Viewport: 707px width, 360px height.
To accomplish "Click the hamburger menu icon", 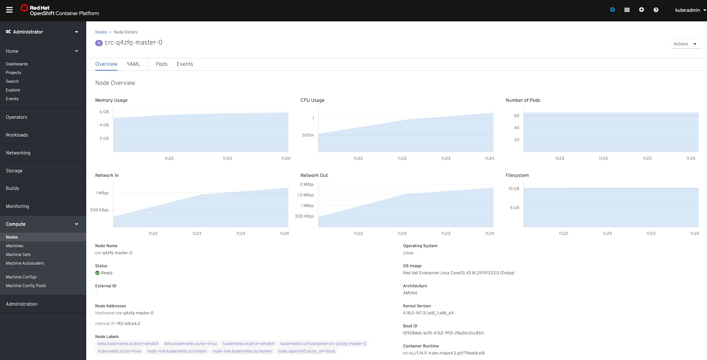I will pyautogui.click(x=9, y=10).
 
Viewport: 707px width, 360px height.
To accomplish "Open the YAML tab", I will pyautogui.click(x=133, y=64).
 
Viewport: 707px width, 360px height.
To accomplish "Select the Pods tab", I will pyautogui.click(x=162, y=64).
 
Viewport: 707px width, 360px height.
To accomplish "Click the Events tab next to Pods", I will pyautogui.click(x=184, y=64).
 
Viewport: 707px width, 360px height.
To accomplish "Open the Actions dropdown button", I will pyautogui.click(x=685, y=44).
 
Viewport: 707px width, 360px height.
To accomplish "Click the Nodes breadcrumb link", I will pyautogui.click(x=101, y=32).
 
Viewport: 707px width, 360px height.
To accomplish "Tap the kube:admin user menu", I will pyautogui.click(x=689, y=10).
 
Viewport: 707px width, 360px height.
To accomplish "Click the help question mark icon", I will pyautogui.click(x=656, y=10).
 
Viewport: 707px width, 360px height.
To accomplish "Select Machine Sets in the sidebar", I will pyautogui.click(x=18, y=254).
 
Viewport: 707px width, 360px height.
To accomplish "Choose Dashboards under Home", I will pyautogui.click(x=17, y=64).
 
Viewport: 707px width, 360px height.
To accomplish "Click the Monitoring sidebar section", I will pyautogui.click(x=17, y=206).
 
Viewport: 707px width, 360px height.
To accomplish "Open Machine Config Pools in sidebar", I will pyautogui.click(x=26, y=286).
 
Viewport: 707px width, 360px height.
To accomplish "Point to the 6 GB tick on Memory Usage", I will pyautogui.click(x=104, y=112).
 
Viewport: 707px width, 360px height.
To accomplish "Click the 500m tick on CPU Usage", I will pyautogui.click(x=308, y=135).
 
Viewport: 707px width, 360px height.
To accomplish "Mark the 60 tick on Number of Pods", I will pyautogui.click(x=516, y=116).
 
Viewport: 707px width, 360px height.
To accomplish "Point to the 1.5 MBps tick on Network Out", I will pyautogui.click(x=305, y=195).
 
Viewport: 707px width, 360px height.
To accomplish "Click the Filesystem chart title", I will pyautogui.click(x=517, y=176).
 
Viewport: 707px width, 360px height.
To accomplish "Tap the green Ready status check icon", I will pyautogui.click(x=97, y=273).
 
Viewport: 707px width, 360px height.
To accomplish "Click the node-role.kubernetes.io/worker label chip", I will pyautogui.click(x=242, y=351).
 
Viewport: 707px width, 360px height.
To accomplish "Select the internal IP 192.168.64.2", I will pyautogui.click(x=128, y=324).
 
